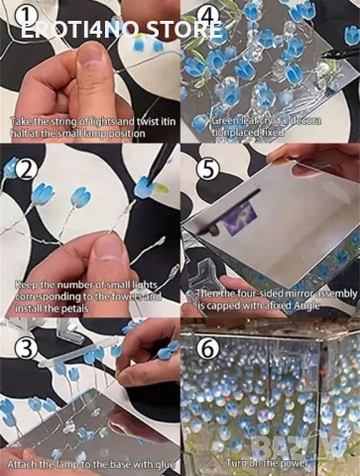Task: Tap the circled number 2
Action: [x=23, y=168]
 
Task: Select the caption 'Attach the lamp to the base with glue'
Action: [x=90, y=464]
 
